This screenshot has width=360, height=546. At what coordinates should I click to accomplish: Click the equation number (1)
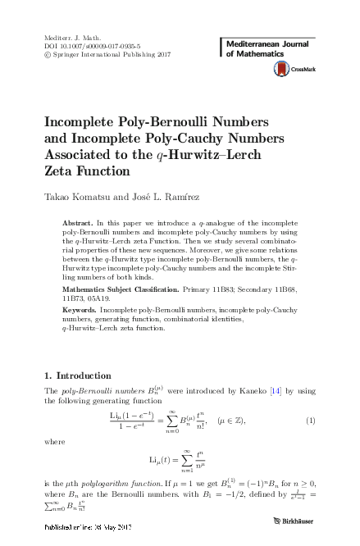(x=311, y=421)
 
